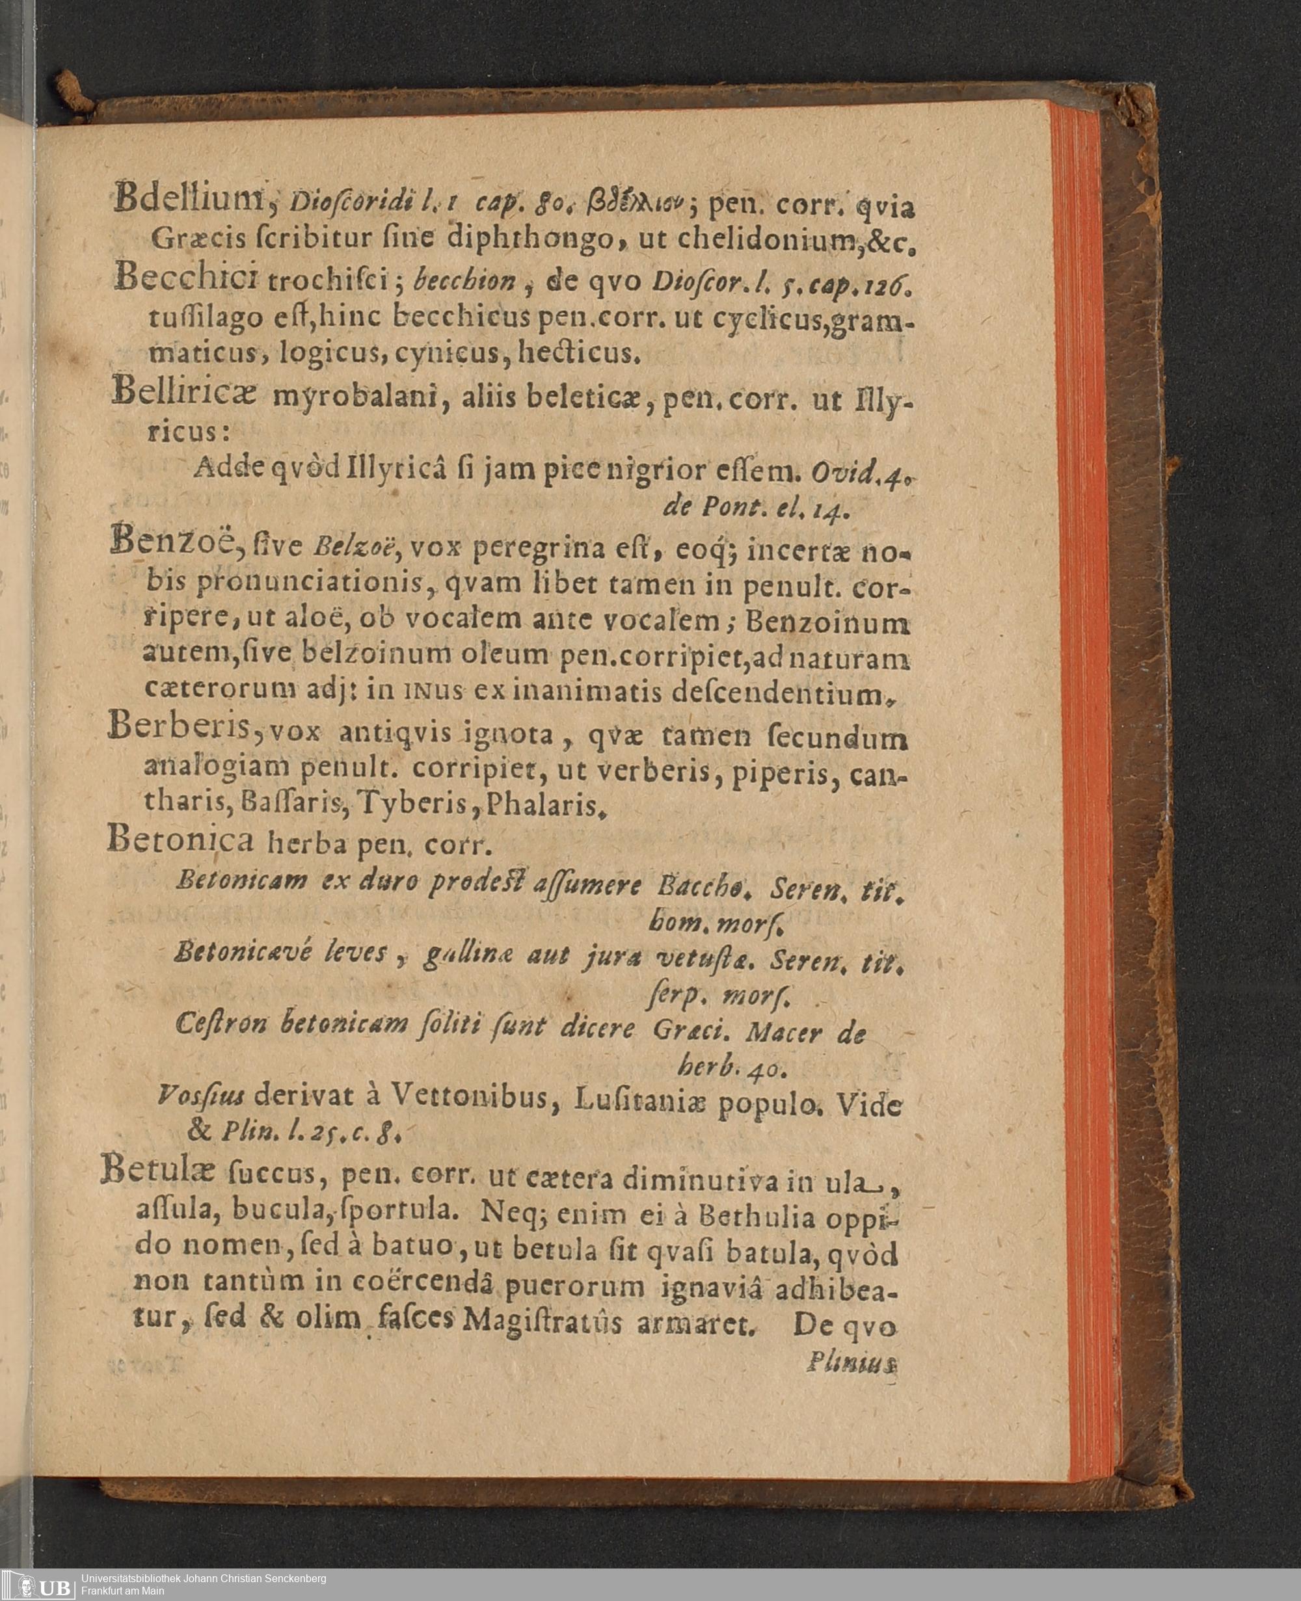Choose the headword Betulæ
158,1171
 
